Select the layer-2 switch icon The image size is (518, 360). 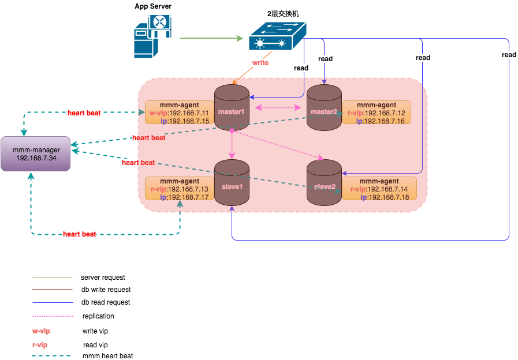pyautogui.click(x=277, y=37)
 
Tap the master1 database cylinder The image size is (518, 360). pyautogui.click(x=232, y=107)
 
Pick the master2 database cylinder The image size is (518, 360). pyautogui.click(x=323, y=107)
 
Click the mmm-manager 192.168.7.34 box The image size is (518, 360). pyautogui.click(x=36, y=154)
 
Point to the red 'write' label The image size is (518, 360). pyautogui.click(x=260, y=62)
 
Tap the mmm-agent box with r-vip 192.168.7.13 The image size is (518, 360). pyautogui.click(x=179, y=189)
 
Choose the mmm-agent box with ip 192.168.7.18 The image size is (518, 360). pyautogui.click(x=376, y=189)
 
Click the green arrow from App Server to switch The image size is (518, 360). pyautogui.click(x=211, y=39)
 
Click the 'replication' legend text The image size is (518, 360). pyautogui.click(x=98, y=316)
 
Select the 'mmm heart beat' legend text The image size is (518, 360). pyautogui.click(x=107, y=356)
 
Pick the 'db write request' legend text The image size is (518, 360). pyautogui.click(x=106, y=290)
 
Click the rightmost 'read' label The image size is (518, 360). pyautogui.click(x=509, y=55)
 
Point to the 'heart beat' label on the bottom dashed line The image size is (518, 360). pyautogui.click(x=80, y=234)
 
